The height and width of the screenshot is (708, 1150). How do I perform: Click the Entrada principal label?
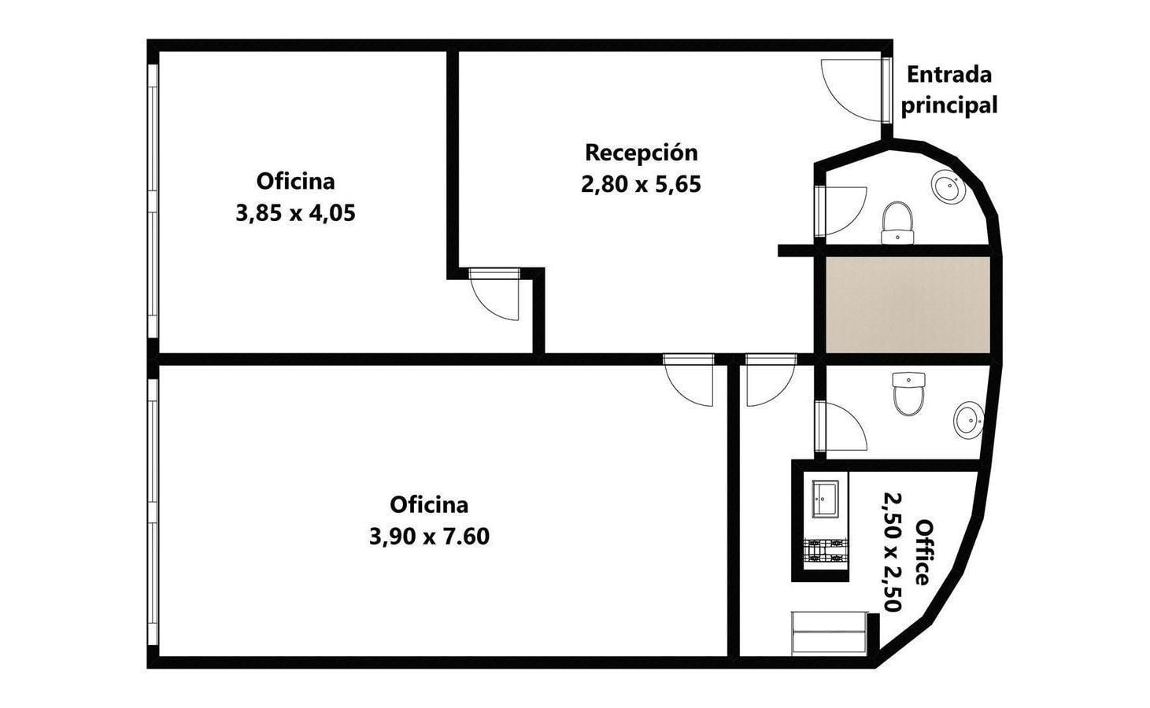click(949, 90)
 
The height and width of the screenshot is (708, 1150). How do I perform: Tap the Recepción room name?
click(642, 153)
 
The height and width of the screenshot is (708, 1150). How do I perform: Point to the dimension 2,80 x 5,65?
click(642, 184)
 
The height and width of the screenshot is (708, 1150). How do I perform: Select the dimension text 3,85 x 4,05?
click(296, 213)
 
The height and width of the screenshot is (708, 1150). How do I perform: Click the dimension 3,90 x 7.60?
click(429, 537)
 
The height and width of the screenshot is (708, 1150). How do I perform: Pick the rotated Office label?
click(923, 552)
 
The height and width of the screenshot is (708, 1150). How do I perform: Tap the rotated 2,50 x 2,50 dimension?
click(893, 552)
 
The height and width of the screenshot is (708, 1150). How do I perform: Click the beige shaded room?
click(908, 304)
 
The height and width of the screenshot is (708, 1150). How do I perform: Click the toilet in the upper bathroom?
click(897, 223)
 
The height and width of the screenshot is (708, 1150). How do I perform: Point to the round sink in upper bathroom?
click(948, 188)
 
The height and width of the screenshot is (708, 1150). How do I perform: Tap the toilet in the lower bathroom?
click(908, 394)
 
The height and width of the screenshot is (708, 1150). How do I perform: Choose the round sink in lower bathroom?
click(969, 420)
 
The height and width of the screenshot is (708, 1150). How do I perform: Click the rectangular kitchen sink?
click(825, 500)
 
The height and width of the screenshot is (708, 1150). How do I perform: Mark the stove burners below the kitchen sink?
click(825, 551)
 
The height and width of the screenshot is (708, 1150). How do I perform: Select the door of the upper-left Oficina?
click(494, 294)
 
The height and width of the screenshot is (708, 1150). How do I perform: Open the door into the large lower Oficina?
click(689, 380)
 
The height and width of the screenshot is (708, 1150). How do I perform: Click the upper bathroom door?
click(841, 212)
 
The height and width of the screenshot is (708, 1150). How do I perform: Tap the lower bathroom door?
click(841, 427)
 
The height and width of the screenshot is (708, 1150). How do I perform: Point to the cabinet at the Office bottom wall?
click(829, 633)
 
